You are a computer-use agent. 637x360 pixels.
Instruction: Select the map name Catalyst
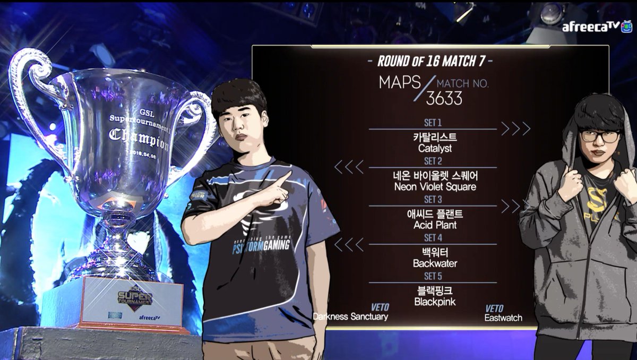point(435,149)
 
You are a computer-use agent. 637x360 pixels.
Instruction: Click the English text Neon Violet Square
point(435,187)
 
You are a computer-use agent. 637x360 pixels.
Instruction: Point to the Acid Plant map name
point(435,225)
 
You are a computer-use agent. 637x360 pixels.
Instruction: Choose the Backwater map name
point(435,263)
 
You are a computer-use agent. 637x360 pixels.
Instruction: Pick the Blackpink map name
point(435,302)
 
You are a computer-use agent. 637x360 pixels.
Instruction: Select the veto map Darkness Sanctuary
point(350,317)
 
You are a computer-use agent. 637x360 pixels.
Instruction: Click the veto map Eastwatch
point(503,318)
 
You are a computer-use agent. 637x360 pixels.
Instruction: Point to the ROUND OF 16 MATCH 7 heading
point(431,61)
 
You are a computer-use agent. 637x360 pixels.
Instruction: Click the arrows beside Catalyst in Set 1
point(515,129)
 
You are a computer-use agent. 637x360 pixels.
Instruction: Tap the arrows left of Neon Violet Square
point(349,167)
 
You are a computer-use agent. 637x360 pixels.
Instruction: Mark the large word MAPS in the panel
point(398,83)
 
